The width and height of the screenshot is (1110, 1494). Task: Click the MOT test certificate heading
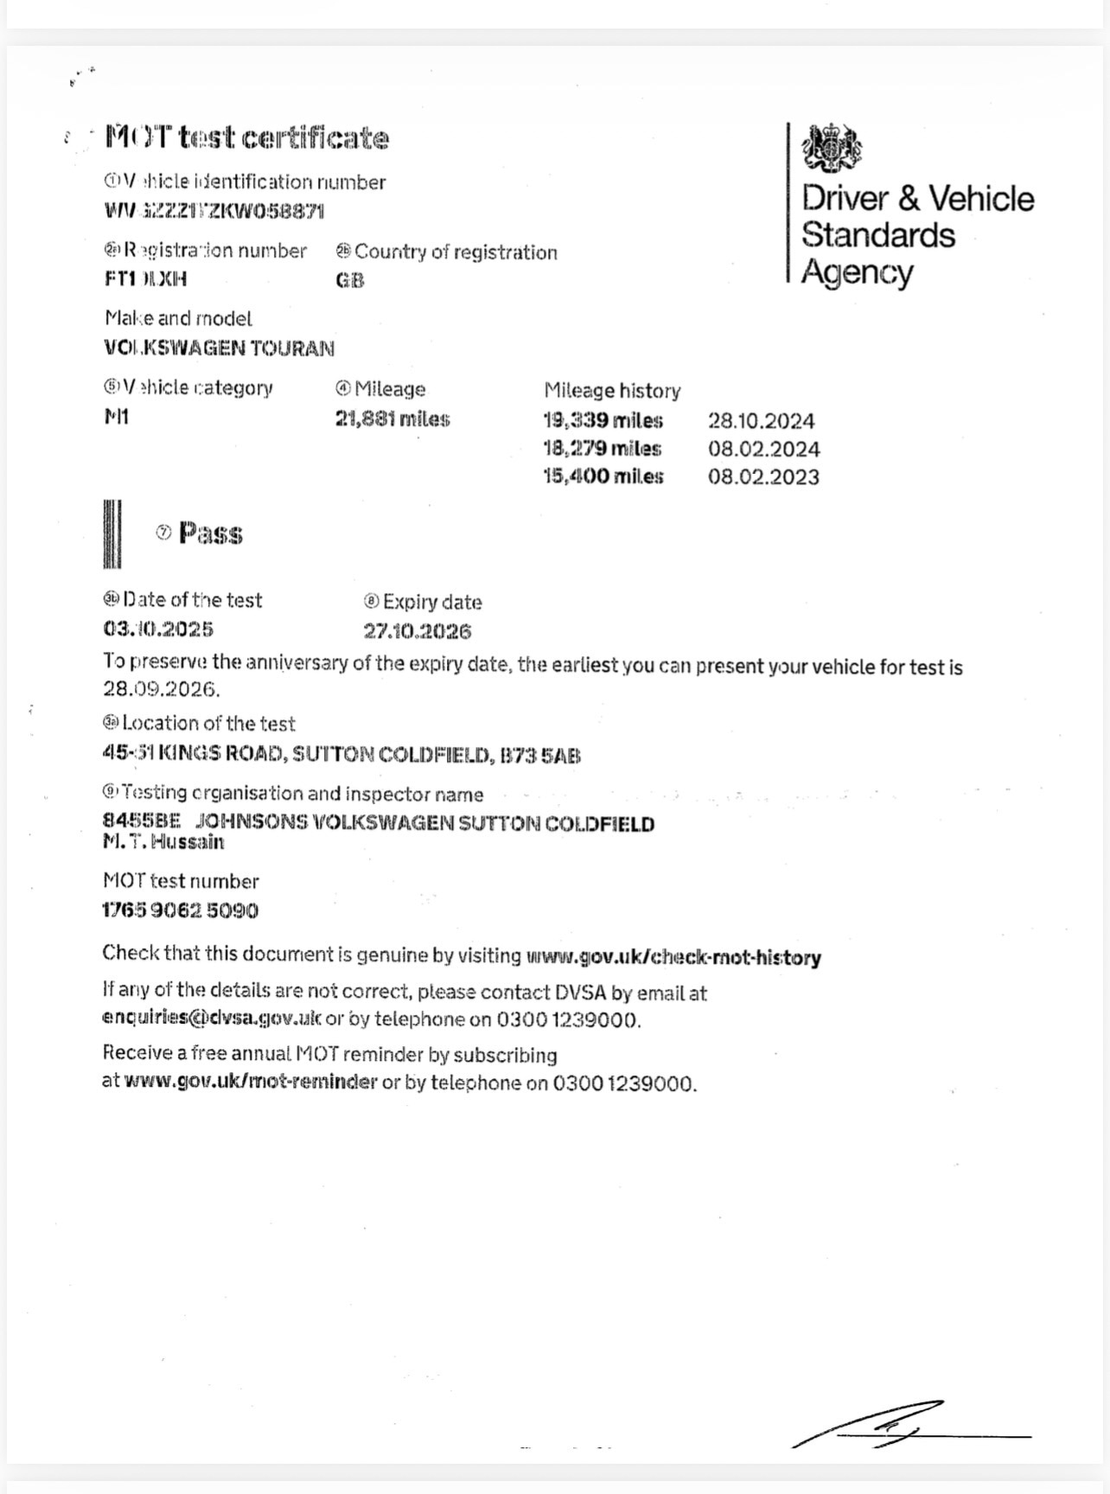click(247, 138)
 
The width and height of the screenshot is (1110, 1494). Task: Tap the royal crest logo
click(831, 148)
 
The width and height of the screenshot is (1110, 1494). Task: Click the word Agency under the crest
click(857, 272)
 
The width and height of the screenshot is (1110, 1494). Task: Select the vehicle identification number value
click(214, 211)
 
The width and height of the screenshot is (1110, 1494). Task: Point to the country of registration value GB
click(350, 280)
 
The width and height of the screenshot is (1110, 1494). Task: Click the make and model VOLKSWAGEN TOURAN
click(219, 348)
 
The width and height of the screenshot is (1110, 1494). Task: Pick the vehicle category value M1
click(117, 417)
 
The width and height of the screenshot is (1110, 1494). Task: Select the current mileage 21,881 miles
click(392, 419)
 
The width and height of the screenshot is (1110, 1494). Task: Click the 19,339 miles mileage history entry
click(603, 421)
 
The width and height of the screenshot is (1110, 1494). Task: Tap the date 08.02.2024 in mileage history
click(763, 449)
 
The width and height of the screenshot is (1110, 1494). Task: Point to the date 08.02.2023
click(763, 476)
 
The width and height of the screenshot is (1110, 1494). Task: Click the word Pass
click(210, 533)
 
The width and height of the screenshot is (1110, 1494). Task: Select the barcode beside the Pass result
click(112, 533)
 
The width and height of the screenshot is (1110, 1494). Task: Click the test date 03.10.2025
click(158, 629)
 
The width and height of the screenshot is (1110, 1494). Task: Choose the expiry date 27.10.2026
click(418, 631)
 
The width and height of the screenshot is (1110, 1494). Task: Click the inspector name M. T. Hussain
click(163, 842)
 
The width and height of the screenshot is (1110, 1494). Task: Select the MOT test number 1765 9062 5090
click(181, 910)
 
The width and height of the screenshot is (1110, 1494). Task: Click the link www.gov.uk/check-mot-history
click(673, 957)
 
